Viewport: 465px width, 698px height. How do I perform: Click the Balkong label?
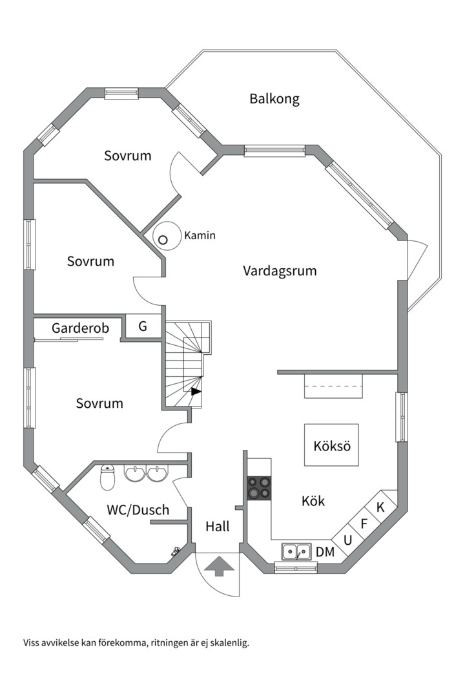coord(274,99)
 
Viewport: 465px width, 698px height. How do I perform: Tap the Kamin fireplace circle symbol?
coord(163,239)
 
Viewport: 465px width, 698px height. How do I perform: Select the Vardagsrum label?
coord(280,271)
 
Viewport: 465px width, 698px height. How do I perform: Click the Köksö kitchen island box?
coord(331,445)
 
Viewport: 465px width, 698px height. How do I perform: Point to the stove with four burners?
coord(260,488)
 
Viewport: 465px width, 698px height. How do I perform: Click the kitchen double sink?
coord(296,552)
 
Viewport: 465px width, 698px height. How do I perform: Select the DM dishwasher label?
coord(325,552)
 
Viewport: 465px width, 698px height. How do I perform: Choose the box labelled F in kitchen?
coord(364,523)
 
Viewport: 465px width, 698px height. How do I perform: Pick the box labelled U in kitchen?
coord(347,539)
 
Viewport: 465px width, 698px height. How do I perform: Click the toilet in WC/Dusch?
coord(108,478)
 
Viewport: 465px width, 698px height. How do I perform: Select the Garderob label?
coord(81,328)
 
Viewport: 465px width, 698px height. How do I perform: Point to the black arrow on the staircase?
coord(196,390)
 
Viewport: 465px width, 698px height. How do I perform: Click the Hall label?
coord(218,527)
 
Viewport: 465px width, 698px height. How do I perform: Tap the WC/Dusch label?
coord(138,510)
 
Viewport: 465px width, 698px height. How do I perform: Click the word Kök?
coord(313,501)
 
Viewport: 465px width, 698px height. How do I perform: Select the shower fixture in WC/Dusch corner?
coord(176,551)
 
